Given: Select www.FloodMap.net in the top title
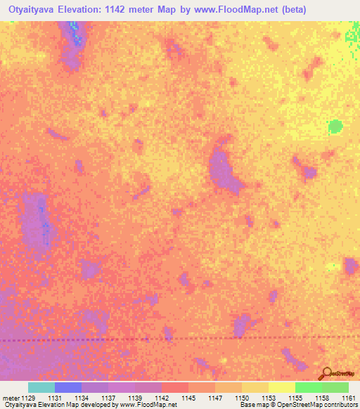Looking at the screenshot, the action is tap(229, 10).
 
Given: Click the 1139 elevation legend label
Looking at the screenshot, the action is tap(135, 397).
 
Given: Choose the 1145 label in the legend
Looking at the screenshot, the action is tap(188, 397).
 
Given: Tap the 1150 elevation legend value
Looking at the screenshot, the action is tap(242, 397).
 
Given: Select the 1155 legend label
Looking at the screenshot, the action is tap(295, 397).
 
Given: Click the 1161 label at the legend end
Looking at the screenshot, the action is tap(347, 397).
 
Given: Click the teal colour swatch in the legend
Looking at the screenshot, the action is tap(41, 387).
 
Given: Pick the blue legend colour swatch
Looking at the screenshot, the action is tap(68, 387).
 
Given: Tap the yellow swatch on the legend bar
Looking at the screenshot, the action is tap(282, 387).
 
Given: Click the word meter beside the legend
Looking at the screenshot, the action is tap(10, 397).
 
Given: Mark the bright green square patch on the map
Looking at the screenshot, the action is tap(335, 126).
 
